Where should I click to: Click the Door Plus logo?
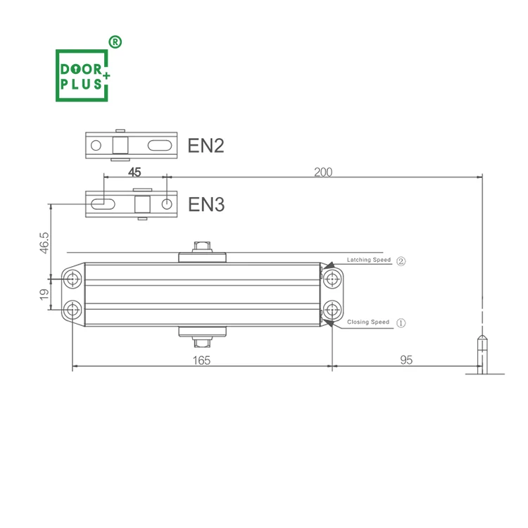tap(83, 75)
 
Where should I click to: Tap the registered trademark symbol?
tap(115, 42)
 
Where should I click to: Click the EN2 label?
tap(206, 146)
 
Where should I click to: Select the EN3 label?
tap(206, 205)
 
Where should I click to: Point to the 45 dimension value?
tap(134, 172)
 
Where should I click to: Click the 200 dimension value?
tap(323, 172)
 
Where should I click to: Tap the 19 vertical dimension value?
tap(44, 294)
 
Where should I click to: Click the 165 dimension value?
tap(201, 360)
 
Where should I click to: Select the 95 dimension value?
tap(406, 360)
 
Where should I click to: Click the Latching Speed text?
tap(368, 260)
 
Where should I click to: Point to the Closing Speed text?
tap(367, 322)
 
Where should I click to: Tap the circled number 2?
tap(401, 260)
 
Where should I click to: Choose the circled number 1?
tap(401, 322)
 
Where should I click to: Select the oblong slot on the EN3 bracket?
tap(103, 204)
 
